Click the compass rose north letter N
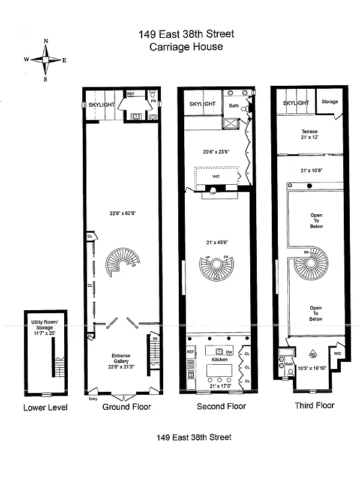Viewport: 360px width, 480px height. coord(46,41)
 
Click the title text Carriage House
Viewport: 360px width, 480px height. coord(187,46)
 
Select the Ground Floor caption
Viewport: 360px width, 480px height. coord(126,406)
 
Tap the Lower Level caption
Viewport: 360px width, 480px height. coord(46,407)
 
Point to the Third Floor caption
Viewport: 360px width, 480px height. coord(314,405)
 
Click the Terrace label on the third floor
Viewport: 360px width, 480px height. coord(310,131)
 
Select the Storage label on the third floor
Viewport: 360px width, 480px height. coord(329,102)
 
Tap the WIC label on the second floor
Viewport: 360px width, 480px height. coord(217,176)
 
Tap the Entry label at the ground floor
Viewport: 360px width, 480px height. coord(92,398)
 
